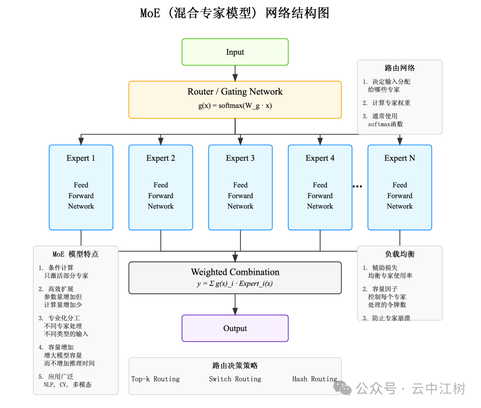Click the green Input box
pyautogui.click(x=235, y=52)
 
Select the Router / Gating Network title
pyautogui.click(x=235, y=92)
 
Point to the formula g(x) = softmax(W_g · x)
pyautogui.click(x=235, y=106)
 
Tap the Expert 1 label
pyautogui.click(x=81, y=158)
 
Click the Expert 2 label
pyautogui.click(x=160, y=158)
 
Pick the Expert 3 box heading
pyautogui.click(x=240, y=158)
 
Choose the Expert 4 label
pyautogui.click(x=320, y=158)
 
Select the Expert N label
pyautogui.click(x=399, y=158)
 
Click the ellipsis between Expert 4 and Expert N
pyautogui.click(x=357, y=187)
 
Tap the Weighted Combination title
pyautogui.click(x=235, y=272)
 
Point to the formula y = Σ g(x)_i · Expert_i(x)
pyautogui.click(x=235, y=284)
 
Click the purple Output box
pyautogui.click(x=235, y=328)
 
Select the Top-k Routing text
pyautogui.click(x=155, y=379)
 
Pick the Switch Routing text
pyautogui.click(x=235, y=379)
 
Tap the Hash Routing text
pyautogui.click(x=314, y=379)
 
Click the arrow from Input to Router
pyautogui.click(x=235, y=73)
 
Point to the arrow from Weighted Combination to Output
pyautogui.click(x=235, y=305)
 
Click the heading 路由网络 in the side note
pyautogui.click(x=399, y=68)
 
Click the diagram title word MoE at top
pyautogui.click(x=150, y=13)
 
